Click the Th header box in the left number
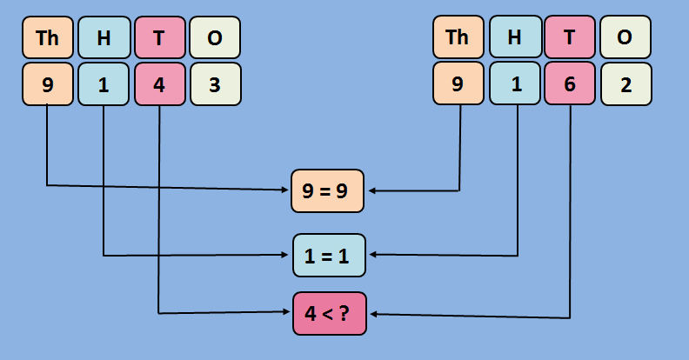[48, 37]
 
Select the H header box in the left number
[104, 37]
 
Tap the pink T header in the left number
[159, 37]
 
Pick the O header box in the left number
[215, 37]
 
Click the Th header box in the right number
[458, 37]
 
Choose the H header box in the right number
[514, 37]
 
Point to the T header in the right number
[570, 37]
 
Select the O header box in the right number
[625, 37]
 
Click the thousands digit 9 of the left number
[48, 84]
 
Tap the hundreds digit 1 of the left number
[104, 84]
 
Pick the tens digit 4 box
[159, 84]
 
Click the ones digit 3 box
[215, 84]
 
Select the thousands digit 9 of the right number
[458, 84]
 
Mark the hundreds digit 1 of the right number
[514, 84]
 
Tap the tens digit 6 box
[570, 84]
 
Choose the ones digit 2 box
[625, 84]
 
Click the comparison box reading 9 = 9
[329, 190]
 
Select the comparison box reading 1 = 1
[329, 255]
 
